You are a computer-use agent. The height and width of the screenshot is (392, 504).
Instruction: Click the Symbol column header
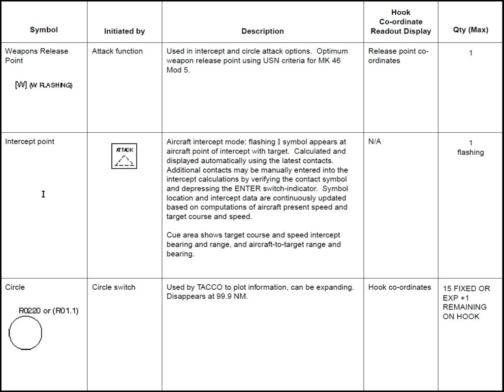click(44, 30)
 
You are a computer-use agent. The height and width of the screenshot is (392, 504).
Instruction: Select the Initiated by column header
click(125, 31)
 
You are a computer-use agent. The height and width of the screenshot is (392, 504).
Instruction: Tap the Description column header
click(262, 31)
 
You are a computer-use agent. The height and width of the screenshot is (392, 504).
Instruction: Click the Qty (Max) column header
click(471, 30)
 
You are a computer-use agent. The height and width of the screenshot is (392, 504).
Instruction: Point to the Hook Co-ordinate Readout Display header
click(401, 22)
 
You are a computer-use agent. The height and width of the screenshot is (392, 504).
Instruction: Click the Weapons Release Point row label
click(36, 56)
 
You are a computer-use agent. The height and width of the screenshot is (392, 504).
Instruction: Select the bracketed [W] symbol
click(21, 85)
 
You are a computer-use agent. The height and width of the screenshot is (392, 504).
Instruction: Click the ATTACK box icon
click(125, 156)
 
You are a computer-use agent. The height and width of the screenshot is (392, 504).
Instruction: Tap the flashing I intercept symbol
click(43, 194)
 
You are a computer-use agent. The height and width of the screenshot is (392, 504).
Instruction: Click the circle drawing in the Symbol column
click(26, 333)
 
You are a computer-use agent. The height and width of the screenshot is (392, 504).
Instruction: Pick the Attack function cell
click(117, 51)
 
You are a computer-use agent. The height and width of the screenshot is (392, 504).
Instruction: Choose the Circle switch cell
click(114, 287)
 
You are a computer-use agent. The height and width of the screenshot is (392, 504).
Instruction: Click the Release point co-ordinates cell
click(398, 56)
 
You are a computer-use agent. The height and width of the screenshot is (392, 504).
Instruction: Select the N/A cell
click(375, 142)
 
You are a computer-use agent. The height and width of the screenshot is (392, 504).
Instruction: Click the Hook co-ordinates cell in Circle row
click(399, 287)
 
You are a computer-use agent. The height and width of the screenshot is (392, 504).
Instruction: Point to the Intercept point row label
click(30, 142)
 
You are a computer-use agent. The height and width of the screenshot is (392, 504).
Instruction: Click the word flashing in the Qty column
click(471, 152)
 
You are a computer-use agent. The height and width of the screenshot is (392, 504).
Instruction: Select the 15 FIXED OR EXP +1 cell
click(466, 302)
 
